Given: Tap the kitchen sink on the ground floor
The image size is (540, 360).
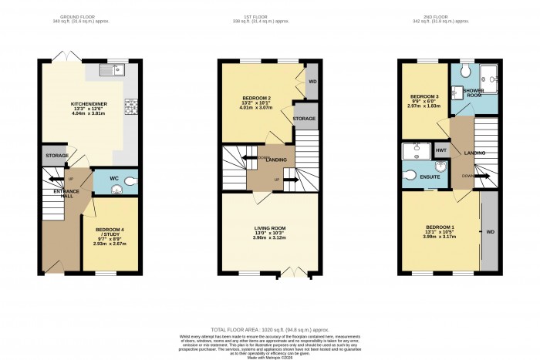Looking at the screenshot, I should tap(113, 71).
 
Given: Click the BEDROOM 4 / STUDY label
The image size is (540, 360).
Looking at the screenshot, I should tap(110, 230).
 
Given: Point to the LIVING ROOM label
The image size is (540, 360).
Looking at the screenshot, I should tap(270, 228).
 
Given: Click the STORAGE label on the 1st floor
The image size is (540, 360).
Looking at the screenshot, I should tap(304, 119).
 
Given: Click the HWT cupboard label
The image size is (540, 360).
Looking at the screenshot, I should tap(441, 150).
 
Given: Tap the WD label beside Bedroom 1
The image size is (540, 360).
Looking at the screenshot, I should tap(489, 231).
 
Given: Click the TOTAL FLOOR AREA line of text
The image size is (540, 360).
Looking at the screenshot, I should tap(270, 329).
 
